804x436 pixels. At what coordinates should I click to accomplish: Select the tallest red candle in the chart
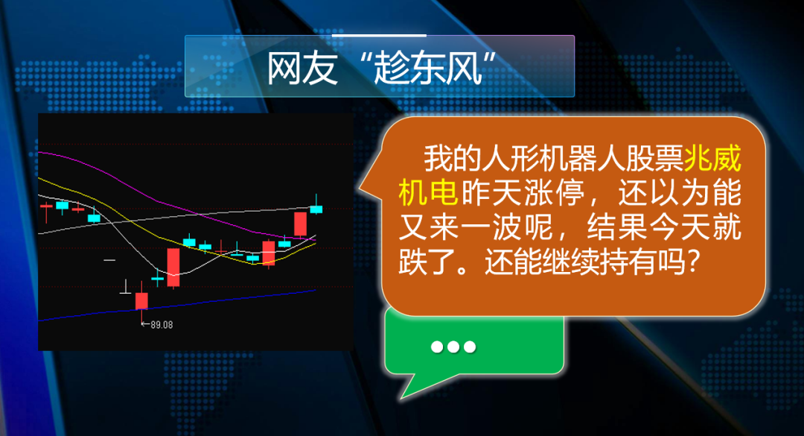[x=173, y=268]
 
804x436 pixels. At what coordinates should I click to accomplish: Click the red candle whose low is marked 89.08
[x=141, y=301]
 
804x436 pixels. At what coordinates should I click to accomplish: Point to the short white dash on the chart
[x=109, y=260]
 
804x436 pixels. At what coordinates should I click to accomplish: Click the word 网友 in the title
[x=302, y=69]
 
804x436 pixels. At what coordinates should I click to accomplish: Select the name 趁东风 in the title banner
[x=427, y=69]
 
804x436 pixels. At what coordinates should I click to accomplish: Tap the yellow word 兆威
[x=712, y=158]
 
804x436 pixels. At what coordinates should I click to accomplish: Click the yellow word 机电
[x=428, y=192]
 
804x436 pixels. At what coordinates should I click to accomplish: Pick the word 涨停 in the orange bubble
[x=554, y=192]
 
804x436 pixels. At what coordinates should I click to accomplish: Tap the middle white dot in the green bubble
[x=453, y=347]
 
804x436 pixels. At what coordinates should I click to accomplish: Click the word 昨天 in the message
[x=491, y=192]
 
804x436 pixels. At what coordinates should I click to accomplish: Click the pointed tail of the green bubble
[x=403, y=396]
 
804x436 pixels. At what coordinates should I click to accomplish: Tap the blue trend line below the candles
[x=177, y=306]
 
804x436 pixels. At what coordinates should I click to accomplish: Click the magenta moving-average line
[x=169, y=205]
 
